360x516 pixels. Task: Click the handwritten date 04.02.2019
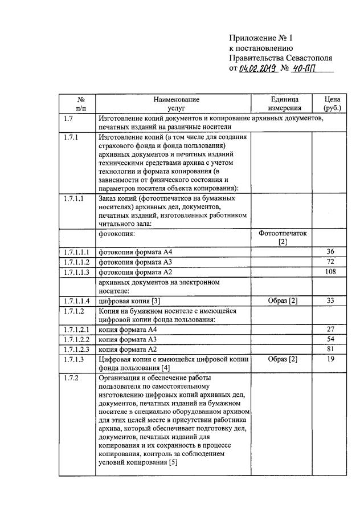pos(258,69)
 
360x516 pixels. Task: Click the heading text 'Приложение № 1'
pos(260,38)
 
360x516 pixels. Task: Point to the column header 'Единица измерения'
pos(283,103)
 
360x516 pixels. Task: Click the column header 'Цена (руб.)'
pos(332,103)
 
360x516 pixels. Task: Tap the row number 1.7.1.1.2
pos(76,262)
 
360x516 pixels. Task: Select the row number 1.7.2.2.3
pos(76,349)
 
